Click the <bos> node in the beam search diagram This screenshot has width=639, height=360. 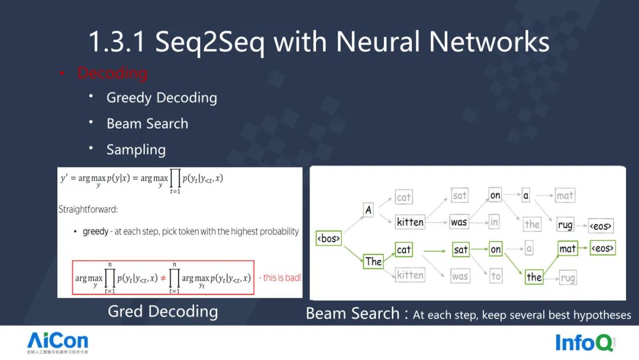coord(329,239)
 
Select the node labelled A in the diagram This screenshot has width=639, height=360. coord(369,210)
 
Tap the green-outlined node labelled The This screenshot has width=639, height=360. coord(373,261)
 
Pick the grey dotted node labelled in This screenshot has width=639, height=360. coord(495,222)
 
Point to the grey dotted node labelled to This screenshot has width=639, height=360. coord(496,275)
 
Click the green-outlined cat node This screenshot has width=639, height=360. coord(404,249)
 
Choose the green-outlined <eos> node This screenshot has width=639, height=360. coord(602,248)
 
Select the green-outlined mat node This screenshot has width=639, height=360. coord(567,249)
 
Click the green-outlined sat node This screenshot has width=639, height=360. coord(461,249)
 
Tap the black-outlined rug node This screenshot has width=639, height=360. coord(566,225)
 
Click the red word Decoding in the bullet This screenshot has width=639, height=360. coord(112,73)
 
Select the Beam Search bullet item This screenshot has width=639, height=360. coord(147,124)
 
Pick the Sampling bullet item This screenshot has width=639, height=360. coord(136,150)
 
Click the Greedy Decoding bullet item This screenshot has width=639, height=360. coord(162,98)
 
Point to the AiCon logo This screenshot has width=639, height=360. coord(57,342)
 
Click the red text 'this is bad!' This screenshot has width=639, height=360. coord(280,278)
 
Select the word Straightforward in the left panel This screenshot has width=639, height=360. coord(88,209)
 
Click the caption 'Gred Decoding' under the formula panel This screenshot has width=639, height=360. coord(163,311)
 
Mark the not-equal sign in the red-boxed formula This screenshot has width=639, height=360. coord(163,278)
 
